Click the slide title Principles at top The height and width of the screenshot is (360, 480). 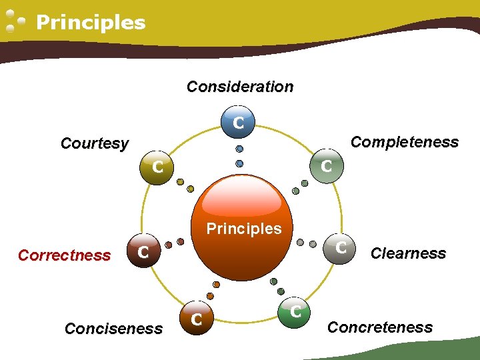(x=91, y=23)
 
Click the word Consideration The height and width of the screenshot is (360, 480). (x=240, y=87)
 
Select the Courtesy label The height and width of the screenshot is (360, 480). (x=95, y=143)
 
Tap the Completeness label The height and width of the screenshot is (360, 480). (x=405, y=142)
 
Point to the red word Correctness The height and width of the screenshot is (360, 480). (x=64, y=255)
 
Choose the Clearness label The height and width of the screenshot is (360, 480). (x=408, y=253)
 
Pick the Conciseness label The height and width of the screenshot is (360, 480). (x=113, y=328)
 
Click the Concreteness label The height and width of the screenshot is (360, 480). (x=380, y=327)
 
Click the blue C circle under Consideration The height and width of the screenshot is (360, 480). (x=239, y=123)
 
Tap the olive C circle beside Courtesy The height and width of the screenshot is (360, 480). (x=157, y=167)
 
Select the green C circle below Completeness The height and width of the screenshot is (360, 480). (x=327, y=166)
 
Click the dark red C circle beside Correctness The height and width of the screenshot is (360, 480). (x=143, y=252)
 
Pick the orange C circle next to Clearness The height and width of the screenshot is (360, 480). (x=341, y=248)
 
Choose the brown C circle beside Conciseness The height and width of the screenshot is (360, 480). (x=197, y=320)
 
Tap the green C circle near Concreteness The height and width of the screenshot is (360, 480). (x=297, y=310)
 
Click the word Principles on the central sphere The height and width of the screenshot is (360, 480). (x=244, y=229)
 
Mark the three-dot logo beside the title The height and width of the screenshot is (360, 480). (x=15, y=22)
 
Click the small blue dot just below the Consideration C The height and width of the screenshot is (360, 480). (x=239, y=149)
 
